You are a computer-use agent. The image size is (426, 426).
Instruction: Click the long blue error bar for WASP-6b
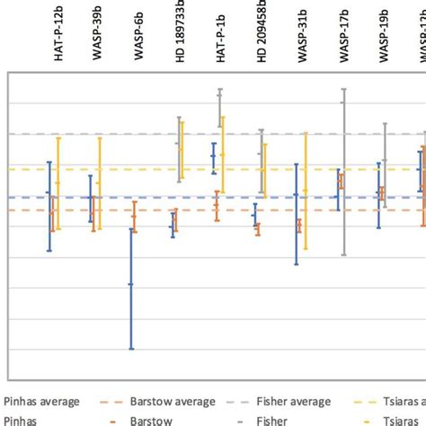pos(131,288)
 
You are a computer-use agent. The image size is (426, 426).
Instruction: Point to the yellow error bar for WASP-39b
pos(99,183)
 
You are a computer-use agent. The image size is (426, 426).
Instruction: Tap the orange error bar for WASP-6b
pos(135,217)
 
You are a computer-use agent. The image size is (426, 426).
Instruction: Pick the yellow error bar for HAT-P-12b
pos(58,183)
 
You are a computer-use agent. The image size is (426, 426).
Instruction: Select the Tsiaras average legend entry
pos(395,402)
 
